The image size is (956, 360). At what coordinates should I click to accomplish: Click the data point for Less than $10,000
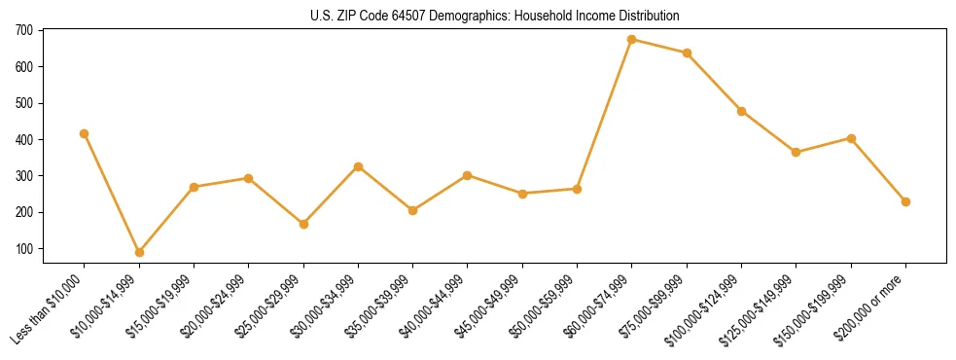coord(85,133)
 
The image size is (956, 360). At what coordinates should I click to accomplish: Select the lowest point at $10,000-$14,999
coord(139,252)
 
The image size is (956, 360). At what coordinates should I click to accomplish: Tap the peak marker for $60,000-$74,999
coord(632,40)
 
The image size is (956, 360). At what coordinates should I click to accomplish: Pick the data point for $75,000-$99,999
coord(687,53)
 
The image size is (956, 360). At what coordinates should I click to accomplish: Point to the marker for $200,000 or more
coord(905,201)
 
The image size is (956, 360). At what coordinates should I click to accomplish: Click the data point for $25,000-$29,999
coord(303,224)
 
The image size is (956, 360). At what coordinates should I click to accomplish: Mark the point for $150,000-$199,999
coord(851,138)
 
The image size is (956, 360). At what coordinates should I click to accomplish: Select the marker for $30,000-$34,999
coord(358,166)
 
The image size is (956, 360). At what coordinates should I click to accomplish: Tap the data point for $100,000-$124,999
coord(741,111)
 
